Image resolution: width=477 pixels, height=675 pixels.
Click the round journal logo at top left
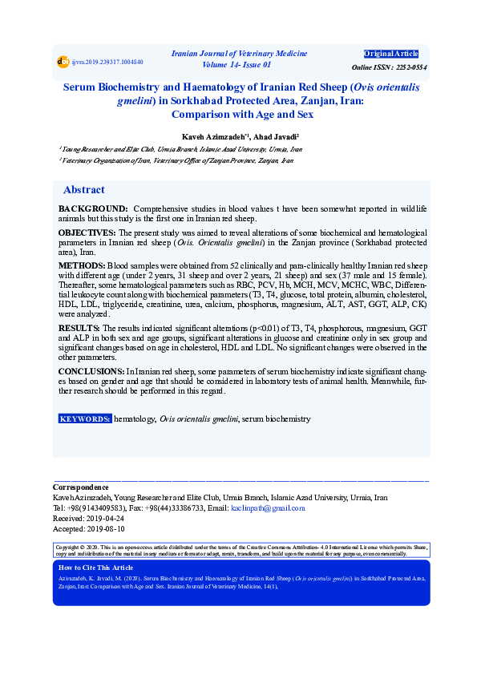[x=63, y=61]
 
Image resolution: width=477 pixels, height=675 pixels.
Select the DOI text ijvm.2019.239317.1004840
[x=107, y=62]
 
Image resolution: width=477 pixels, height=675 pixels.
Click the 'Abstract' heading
[x=83, y=190]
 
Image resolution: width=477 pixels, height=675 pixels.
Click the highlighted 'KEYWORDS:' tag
[x=85, y=419]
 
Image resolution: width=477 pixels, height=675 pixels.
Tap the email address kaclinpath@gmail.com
[x=268, y=507]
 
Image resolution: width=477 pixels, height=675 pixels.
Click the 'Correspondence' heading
[x=80, y=487]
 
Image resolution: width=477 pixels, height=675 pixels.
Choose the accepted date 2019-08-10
[x=105, y=528]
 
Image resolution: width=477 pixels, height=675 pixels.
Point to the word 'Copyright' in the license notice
[x=68, y=547]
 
